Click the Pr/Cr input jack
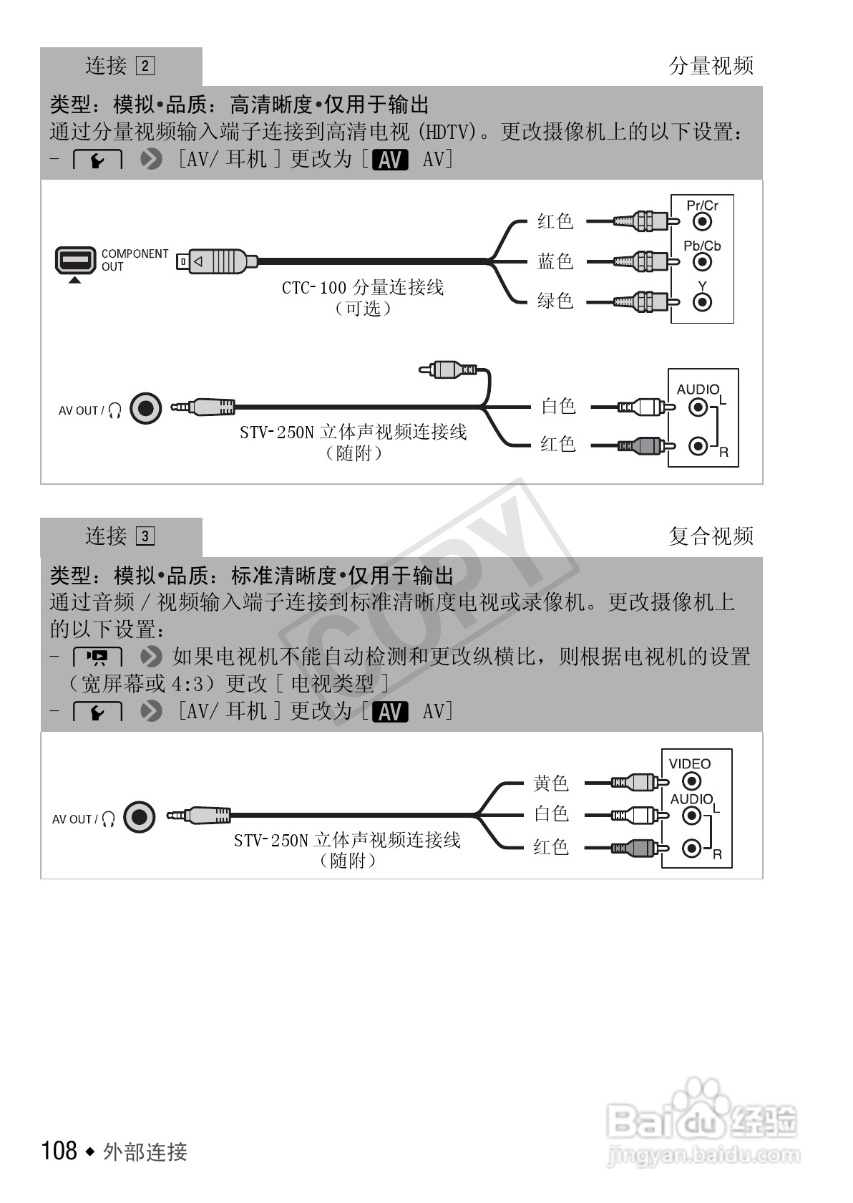tap(703, 222)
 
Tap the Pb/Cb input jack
tap(703, 262)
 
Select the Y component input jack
tap(703, 302)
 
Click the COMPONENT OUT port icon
tap(75, 260)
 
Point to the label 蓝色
tap(555, 261)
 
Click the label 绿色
tap(555, 301)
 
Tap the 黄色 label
tap(550, 783)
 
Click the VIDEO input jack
tap(691, 781)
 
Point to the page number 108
tap(59, 1151)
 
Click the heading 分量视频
tap(711, 66)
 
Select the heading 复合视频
tap(711, 536)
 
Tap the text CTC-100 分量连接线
tap(362, 288)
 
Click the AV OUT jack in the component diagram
tap(146, 409)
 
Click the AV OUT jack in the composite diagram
tap(140, 817)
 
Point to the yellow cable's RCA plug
tap(634, 782)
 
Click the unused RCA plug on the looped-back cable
tap(448, 369)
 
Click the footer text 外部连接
tap(145, 1152)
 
